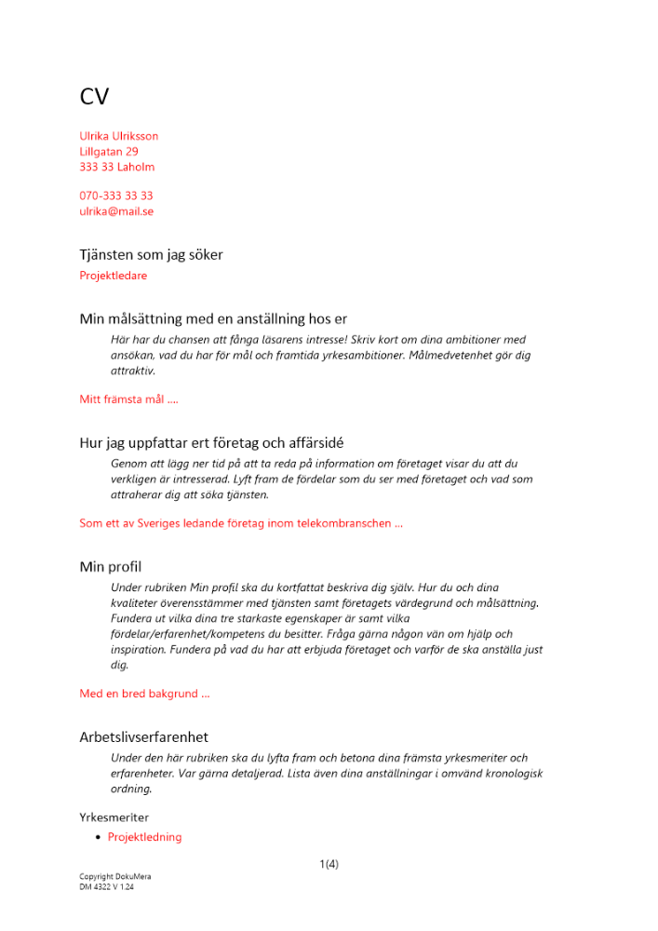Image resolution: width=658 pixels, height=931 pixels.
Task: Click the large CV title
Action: click(94, 97)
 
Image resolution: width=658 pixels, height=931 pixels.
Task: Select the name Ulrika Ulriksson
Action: click(119, 136)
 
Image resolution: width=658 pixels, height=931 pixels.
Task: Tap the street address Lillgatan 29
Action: click(109, 152)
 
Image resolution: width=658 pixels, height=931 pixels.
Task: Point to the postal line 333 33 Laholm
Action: click(117, 168)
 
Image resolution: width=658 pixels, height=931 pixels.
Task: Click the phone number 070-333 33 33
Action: click(116, 196)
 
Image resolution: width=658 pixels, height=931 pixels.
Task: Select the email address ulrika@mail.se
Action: click(116, 211)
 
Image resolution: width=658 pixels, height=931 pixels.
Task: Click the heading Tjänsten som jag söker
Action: click(151, 254)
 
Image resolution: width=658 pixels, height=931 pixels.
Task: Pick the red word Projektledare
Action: click(114, 276)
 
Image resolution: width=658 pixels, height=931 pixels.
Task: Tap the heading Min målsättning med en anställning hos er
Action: click(213, 319)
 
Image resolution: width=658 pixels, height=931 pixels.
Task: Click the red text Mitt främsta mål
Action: click(128, 399)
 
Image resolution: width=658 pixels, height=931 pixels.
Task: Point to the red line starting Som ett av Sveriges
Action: click(241, 523)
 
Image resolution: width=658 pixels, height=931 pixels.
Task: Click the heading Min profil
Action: click(110, 566)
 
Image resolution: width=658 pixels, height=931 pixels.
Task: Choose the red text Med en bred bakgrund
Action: click(144, 694)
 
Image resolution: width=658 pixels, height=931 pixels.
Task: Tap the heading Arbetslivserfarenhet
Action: click(143, 736)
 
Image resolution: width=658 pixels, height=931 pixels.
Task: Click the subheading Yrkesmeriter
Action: click(114, 817)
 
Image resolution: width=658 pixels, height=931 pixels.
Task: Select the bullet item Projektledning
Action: click(144, 837)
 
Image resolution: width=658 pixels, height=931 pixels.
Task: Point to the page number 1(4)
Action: click(329, 864)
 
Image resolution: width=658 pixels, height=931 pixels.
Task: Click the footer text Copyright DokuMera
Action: click(115, 877)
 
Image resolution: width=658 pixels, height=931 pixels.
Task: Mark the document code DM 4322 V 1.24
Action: click(106, 887)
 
